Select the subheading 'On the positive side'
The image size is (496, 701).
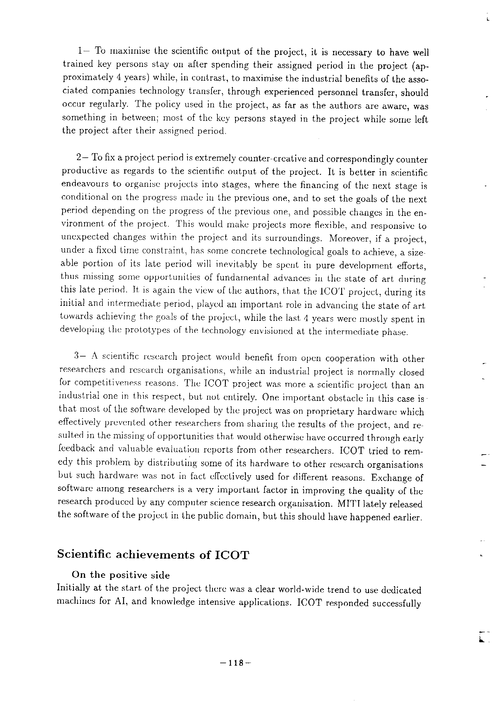[x=121, y=575]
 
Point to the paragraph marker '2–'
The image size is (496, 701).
[x=81, y=158]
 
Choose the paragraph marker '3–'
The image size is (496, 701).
[x=80, y=356]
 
